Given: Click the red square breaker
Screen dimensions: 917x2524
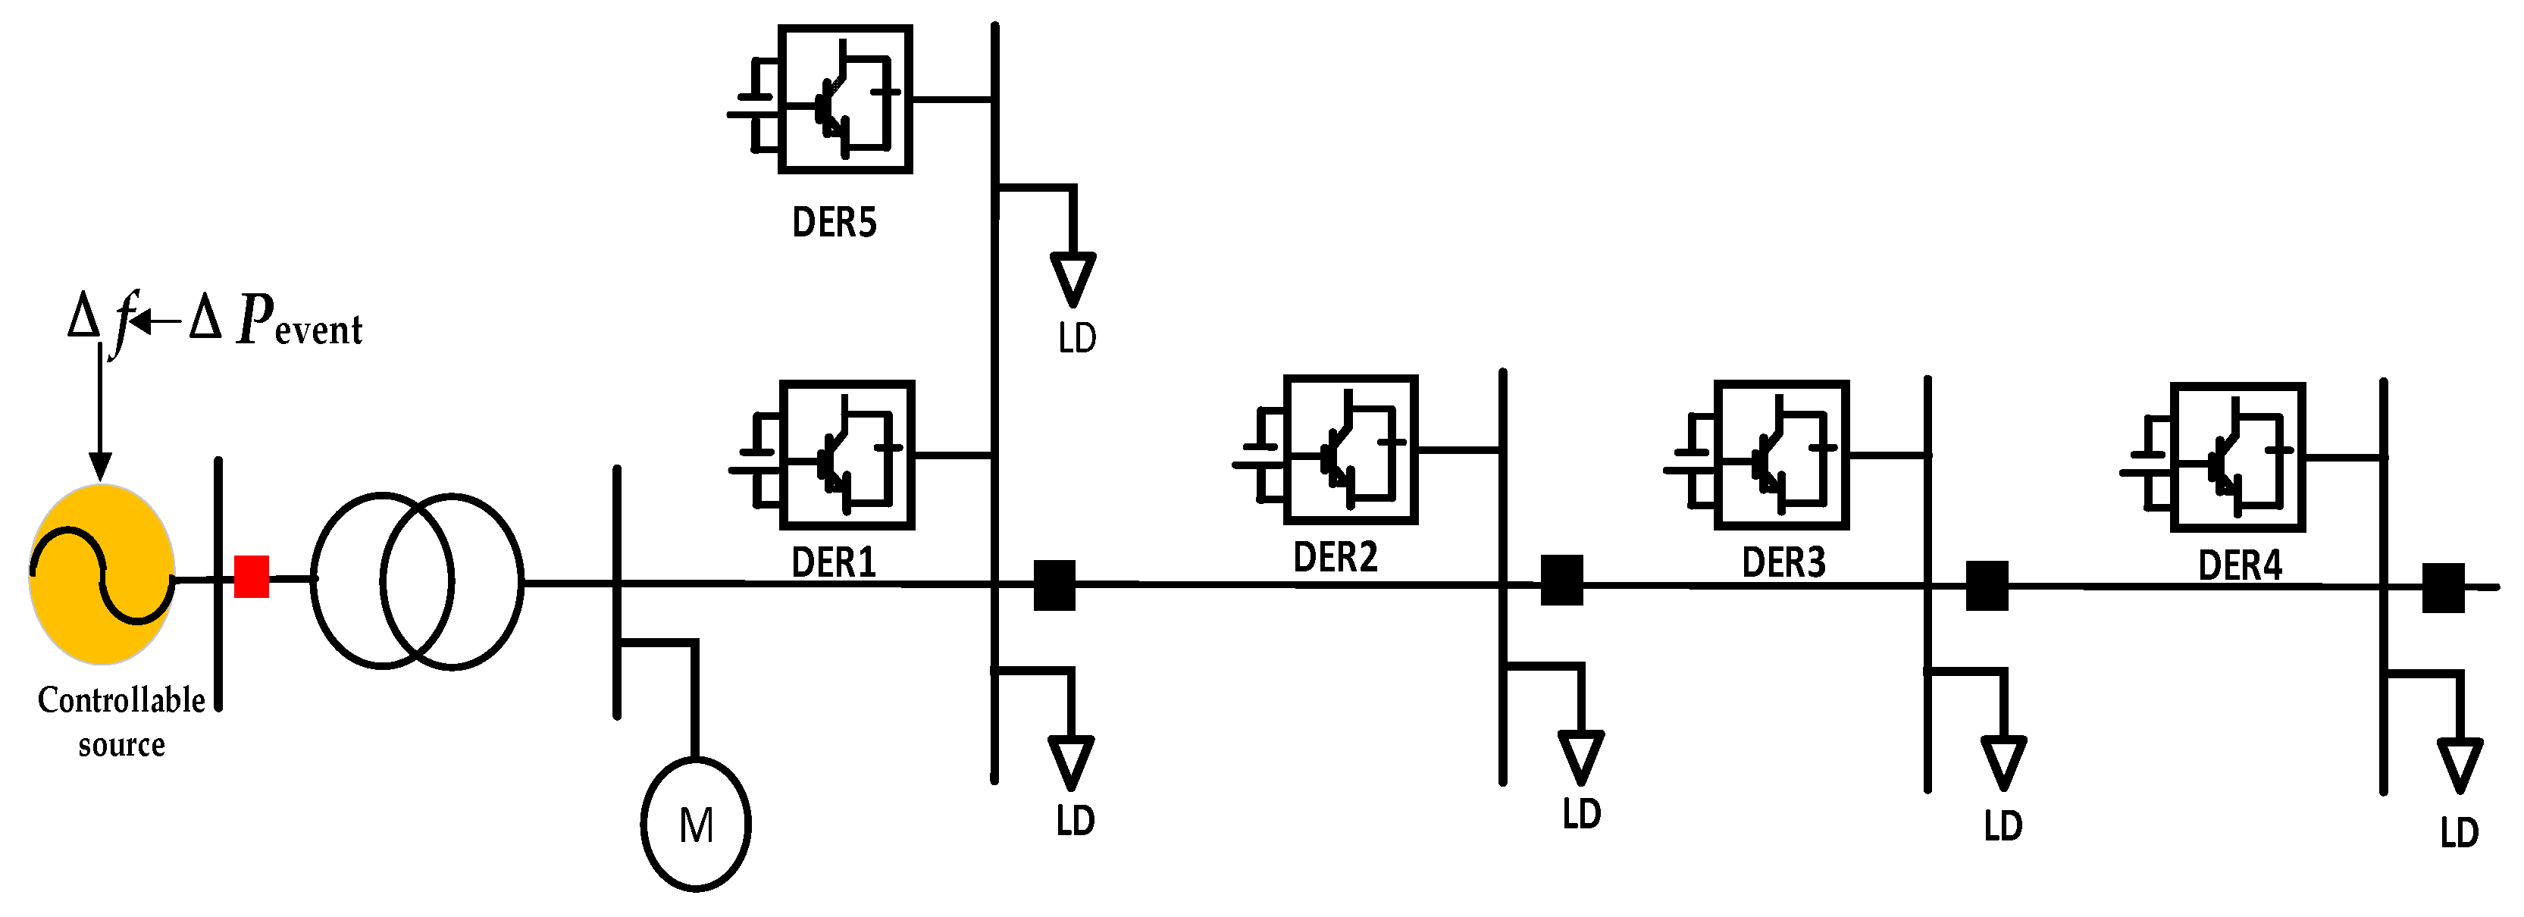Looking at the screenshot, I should coord(252,577).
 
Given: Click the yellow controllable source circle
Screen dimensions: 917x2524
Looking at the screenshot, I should coord(102,574).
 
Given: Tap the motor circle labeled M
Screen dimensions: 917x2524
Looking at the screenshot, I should coord(696,825).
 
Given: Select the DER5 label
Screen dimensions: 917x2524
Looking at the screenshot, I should coord(834,222).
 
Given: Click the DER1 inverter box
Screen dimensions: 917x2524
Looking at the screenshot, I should coord(847,455).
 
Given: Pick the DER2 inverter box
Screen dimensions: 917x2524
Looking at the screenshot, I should coord(1350,449).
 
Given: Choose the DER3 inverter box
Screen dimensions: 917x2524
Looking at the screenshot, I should coord(1781,455).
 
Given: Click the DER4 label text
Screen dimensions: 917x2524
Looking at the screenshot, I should coord(2240,565).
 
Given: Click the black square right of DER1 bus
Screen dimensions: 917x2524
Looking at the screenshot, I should coord(1055,586).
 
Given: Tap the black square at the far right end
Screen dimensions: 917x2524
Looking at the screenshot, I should coord(2444,588).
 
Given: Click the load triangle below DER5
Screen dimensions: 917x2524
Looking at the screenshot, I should coord(1073,278).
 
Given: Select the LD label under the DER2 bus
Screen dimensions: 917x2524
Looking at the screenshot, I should coord(1581,814).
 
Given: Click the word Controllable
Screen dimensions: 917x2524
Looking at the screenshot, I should coord(121,699).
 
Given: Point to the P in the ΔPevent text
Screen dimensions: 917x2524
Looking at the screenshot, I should coord(255,318).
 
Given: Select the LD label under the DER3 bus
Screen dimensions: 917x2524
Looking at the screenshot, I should coord(2003,826).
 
